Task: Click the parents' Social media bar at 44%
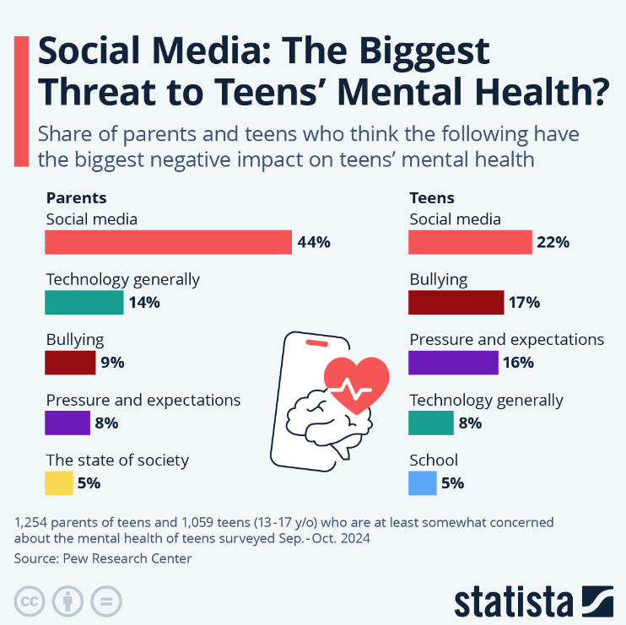168,242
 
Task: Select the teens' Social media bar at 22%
470,242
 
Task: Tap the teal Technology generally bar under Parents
84,302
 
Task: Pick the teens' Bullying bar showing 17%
456,302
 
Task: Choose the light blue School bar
423,483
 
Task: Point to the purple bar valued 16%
453,363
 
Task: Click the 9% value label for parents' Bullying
112,364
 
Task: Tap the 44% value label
314,243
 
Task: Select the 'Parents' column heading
76,198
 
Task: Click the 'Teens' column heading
432,198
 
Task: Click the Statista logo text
515,602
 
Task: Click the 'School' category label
434,460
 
